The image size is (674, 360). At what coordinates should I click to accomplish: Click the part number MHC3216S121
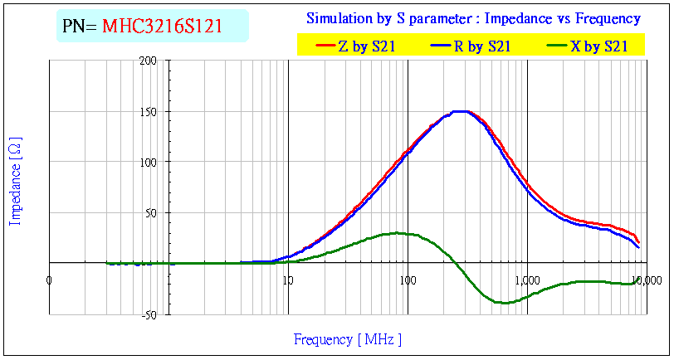[162, 27]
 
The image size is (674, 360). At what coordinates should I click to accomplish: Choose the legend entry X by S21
[598, 46]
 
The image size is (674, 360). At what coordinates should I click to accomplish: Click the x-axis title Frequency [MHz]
[348, 338]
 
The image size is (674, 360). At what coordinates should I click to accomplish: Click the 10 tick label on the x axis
[287, 280]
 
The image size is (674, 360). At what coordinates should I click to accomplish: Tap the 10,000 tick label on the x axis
[647, 280]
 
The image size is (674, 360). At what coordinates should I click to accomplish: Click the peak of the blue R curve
[459, 111]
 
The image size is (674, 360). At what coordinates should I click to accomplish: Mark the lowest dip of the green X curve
[503, 303]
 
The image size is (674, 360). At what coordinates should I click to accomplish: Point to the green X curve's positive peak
[399, 233]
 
